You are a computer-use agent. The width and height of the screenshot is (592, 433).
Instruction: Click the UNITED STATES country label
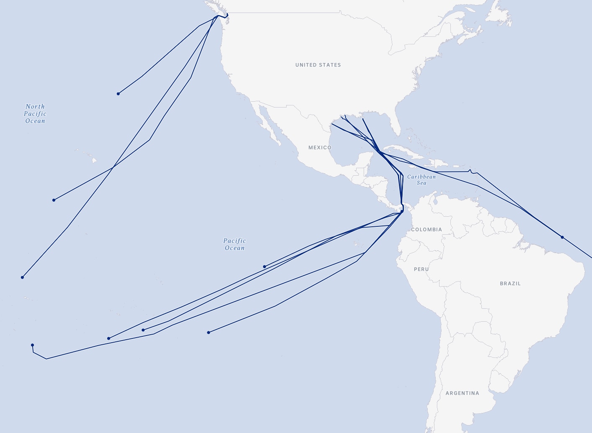coord(318,65)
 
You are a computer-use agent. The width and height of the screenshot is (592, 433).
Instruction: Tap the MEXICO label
coord(320,148)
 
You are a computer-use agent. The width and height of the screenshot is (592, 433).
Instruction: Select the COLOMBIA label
coord(426,230)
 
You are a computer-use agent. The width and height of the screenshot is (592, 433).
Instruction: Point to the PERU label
coord(421,269)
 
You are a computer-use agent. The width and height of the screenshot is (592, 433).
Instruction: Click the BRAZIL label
coord(510,284)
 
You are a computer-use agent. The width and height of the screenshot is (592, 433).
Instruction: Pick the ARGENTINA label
coord(462,393)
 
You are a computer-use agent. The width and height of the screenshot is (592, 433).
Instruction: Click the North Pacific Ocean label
coord(35,114)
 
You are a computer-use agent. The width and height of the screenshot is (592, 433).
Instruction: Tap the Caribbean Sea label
coord(421,180)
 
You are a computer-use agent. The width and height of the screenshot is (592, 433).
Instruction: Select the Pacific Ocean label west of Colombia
coord(235,244)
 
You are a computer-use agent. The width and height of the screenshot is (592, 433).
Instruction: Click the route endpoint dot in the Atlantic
coord(562,237)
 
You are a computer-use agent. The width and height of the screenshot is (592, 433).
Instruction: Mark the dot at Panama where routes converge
coord(402,211)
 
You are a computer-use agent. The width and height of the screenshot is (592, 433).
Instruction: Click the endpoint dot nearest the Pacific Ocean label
coord(264,266)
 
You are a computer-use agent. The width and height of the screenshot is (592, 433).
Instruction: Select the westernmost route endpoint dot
coord(22,277)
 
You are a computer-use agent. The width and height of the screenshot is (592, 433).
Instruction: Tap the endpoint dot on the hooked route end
coord(32,345)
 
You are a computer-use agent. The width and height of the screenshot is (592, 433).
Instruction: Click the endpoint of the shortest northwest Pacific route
coord(118,94)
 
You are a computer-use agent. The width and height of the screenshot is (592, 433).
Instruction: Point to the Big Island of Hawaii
coord(95,160)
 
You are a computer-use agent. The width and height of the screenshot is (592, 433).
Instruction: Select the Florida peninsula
coord(396,128)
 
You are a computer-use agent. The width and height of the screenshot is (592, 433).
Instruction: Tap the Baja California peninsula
coord(268,126)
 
